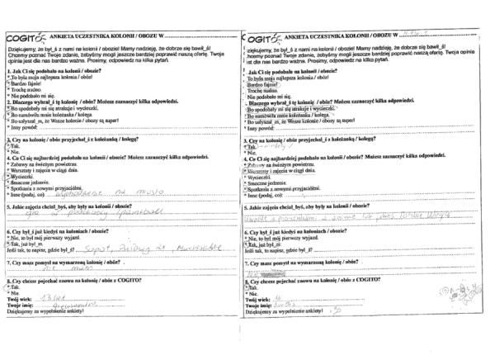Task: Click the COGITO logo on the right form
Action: (262, 37)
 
